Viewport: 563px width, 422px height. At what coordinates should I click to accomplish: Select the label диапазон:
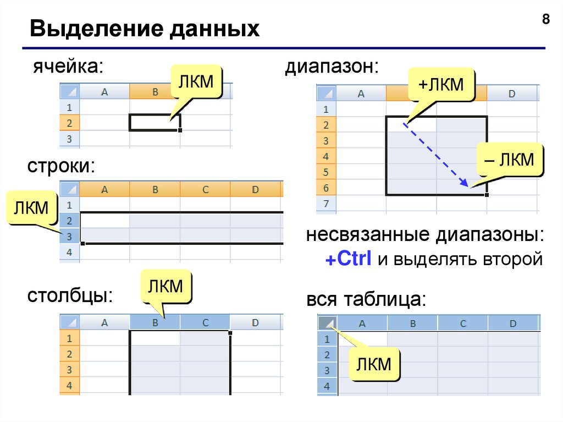[331, 67]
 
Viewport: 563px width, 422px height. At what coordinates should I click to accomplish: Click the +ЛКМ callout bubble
[441, 85]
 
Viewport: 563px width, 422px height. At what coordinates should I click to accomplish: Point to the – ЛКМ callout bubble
[509, 160]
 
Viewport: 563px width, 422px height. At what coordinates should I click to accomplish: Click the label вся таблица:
[366, 300]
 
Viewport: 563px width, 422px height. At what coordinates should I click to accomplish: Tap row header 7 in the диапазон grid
[325, 204]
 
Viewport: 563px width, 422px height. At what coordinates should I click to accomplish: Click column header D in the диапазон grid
[511, 94]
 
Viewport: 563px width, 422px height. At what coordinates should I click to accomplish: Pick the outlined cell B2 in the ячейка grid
[154, 122]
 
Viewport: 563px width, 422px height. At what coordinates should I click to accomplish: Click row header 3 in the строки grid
[69, 237]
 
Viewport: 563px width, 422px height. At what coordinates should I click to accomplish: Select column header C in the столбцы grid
[205, 323]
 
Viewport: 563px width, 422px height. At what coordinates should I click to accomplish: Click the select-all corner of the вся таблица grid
[327, 323]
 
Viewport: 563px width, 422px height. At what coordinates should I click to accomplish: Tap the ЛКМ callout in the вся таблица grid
[373, 364]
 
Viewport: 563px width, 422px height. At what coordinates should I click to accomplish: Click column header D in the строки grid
[255, 190]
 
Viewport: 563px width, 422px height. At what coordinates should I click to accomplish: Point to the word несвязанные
[368, 235]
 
